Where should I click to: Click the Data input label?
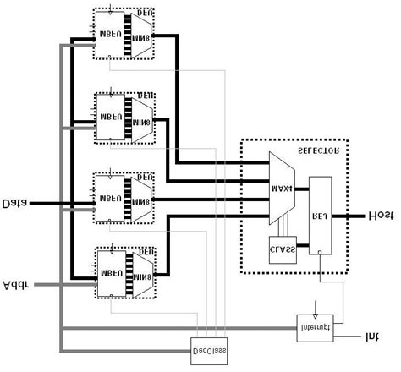click(15, 203)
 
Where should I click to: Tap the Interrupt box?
click(314, 325)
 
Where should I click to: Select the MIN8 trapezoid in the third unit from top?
click(139, 194)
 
